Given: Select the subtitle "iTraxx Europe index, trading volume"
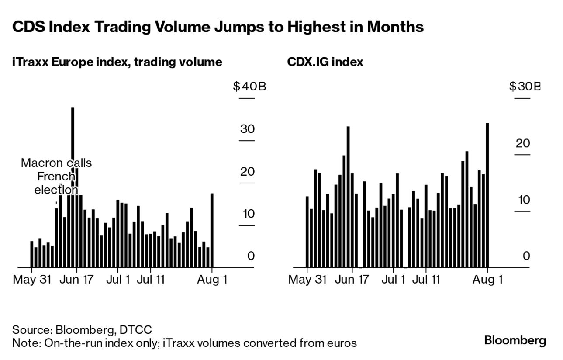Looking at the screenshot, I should (x=117, y=62).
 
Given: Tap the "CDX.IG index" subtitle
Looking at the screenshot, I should (x=325, y=62).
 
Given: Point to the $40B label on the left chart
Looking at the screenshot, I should (x=249, y=87).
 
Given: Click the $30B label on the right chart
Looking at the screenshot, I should (x=524, y=87).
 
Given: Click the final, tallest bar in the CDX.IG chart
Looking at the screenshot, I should (x=487, y=195).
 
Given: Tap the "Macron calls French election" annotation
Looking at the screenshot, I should (x=56, y=177).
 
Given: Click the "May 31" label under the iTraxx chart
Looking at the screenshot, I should (x=32, y=279).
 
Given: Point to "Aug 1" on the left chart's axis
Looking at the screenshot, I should (x=212, y=279).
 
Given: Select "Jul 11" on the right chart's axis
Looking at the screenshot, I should (x=426, y=279).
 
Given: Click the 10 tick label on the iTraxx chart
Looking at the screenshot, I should (x=247, y=214).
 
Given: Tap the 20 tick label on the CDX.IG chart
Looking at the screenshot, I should (x=522, y=143).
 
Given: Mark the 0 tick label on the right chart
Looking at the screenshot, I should (x=526, y=256).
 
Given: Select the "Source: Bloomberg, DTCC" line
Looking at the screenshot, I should (x=82, y=329).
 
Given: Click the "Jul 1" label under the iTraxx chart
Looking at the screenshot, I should (x=118, y=279).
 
